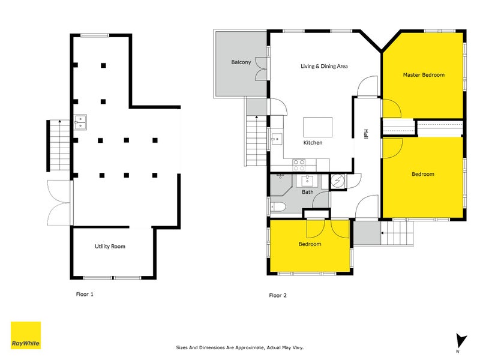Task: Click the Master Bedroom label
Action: click(x=424, y=75)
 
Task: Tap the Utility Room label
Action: click(x=110, y=247)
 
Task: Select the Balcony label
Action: click(x=241, y=62)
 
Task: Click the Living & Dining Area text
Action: click(x=324, y=66)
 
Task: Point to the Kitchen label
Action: click(x=313, y=143)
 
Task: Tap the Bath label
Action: click(x=307, y=192)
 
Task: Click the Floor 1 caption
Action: click(x=85, y=295)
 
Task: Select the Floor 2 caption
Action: click(x=278, y=295)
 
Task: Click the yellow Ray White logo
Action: click(x=26, y=335)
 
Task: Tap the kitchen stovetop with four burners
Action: click(x=299, y=162)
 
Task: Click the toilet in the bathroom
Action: click(x=278, y=208)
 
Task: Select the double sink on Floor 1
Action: click(x=80, y=122)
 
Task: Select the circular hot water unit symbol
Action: click(x=337, y=181)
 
